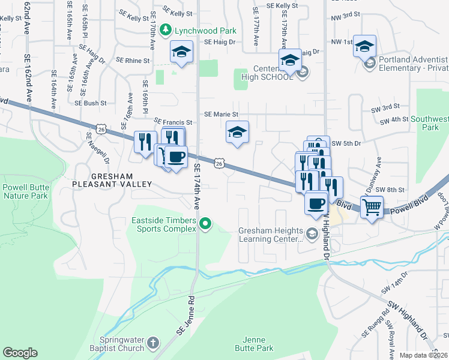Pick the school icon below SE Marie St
point(237,133)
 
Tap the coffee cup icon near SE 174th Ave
point(176,158)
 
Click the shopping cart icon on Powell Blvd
point(372,208)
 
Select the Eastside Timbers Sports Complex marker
point(205,224)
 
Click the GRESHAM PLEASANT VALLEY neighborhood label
point(121,180)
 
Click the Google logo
point(20,353)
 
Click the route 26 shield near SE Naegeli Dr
point(101,129)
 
